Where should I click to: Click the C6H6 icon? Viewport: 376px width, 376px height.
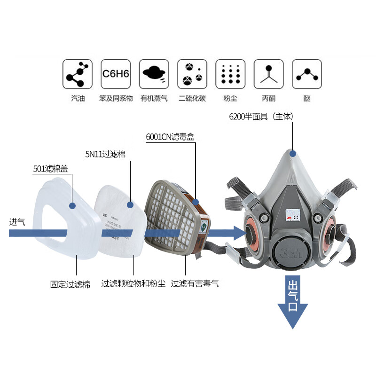[116, 74]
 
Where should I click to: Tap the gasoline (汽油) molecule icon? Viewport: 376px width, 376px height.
[77, 74]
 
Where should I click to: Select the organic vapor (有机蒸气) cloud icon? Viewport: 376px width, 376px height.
[154, 74]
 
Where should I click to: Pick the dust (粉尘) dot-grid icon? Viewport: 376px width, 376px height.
[230, 74]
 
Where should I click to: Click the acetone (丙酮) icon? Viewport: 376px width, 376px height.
[268, 74]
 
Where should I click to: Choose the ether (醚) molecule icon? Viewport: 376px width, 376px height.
[307, 74]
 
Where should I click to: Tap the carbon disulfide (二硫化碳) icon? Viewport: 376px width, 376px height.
[192, 74]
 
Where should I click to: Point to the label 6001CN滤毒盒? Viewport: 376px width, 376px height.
[170, 137]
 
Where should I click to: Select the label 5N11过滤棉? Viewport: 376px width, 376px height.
[105, 154]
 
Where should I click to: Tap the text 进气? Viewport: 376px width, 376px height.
[17, 222]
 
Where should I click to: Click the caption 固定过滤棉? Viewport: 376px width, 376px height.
[70, 284]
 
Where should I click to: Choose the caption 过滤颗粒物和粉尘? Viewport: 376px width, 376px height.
[133, 284]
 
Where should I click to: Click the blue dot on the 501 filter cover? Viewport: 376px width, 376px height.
[72, 205]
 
